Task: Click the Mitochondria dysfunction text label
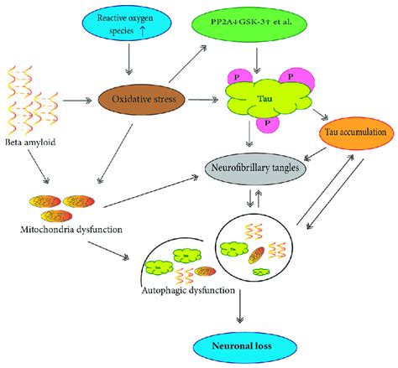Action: coord(73,228)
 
